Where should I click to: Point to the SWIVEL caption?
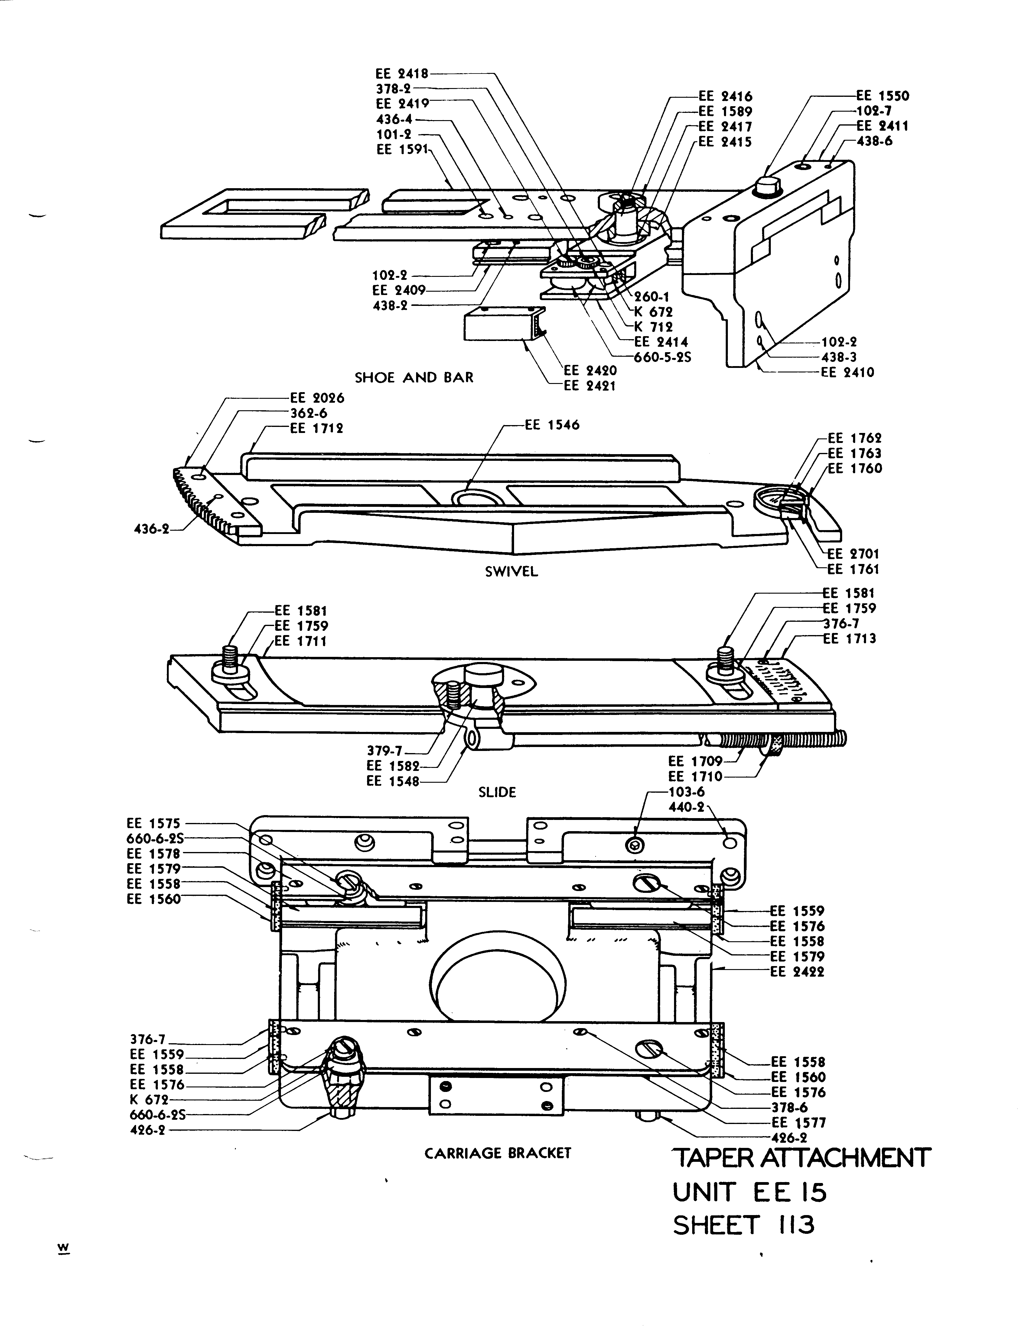point(512,572)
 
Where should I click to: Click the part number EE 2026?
point(317,398)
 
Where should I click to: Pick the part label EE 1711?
point(301,641)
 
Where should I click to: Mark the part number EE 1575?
point(153,824)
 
